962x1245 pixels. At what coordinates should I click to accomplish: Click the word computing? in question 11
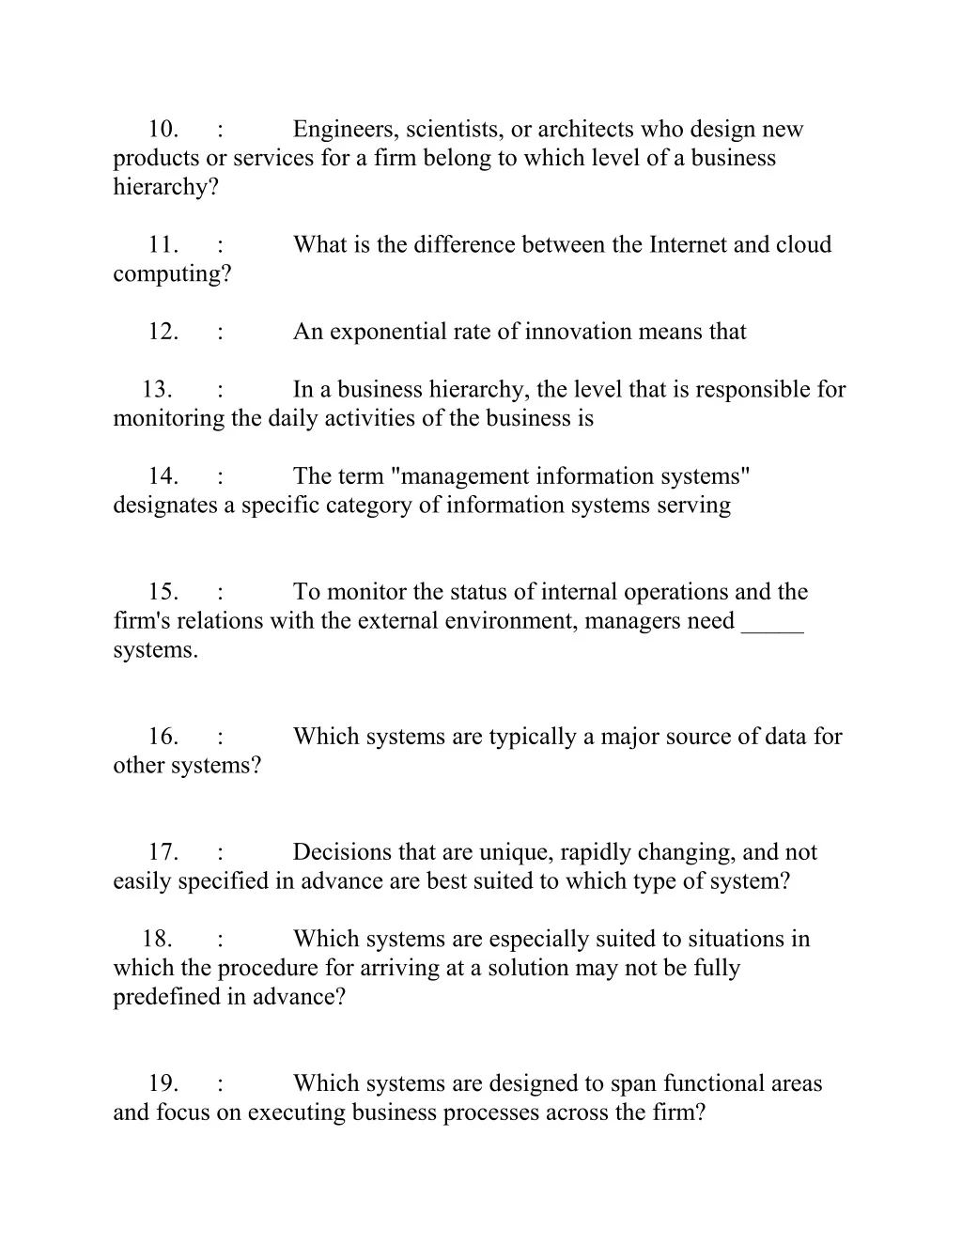[x=172, y=274]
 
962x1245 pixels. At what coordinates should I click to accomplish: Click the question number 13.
[x=158, y=390]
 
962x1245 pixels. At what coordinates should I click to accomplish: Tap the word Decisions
[x=343, y=852]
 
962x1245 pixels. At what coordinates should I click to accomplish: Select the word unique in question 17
[x=516, y=852]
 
